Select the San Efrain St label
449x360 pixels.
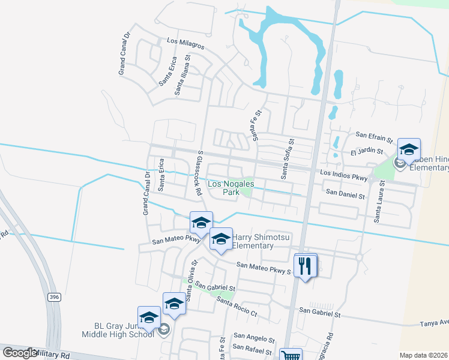click(374, 135)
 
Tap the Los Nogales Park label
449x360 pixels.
click(231, 188)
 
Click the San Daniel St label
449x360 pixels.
click(345, 196)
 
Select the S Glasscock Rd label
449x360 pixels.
click(198, 173)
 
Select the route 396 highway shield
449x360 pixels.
click(54, 298)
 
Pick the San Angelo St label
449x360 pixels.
click(254, 338)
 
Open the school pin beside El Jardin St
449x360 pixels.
click(409, 150)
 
